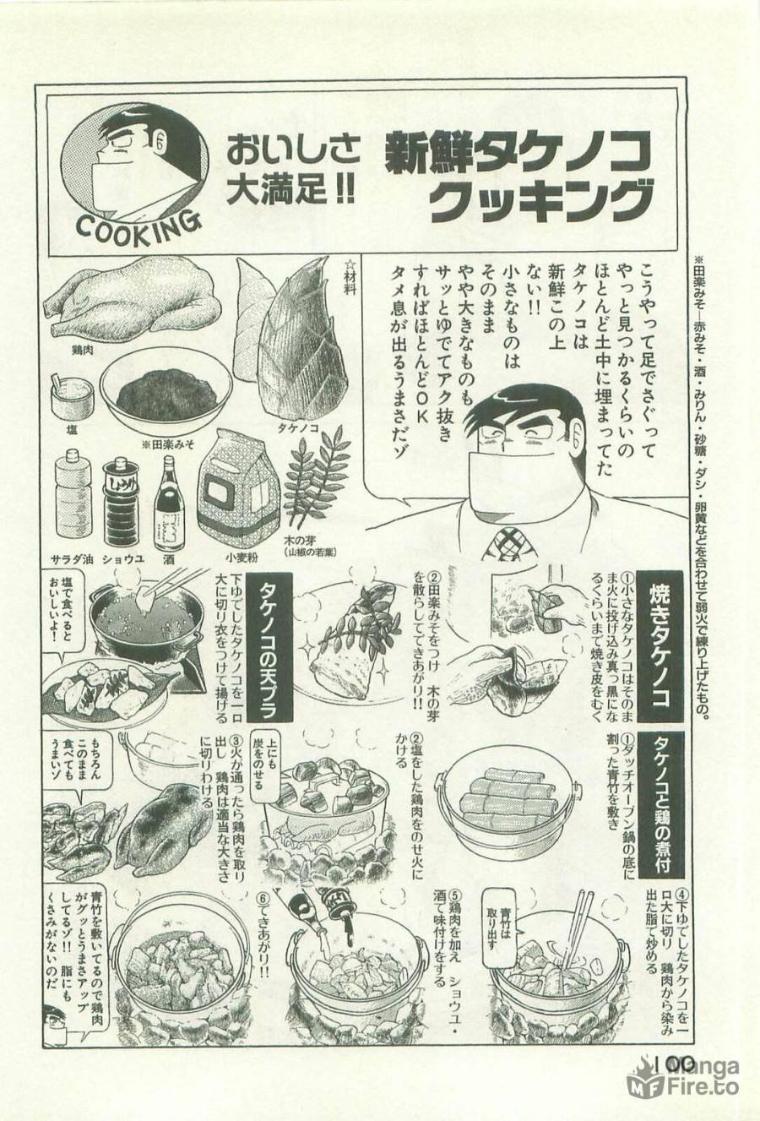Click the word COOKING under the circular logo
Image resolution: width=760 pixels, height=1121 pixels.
click(x=138, y=225)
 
